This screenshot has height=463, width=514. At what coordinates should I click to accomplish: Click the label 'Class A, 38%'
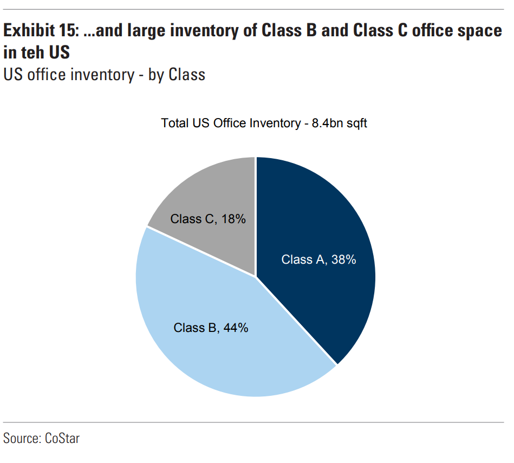click(x=318, y=260)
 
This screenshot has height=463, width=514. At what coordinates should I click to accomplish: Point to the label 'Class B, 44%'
click(x=211, y=328)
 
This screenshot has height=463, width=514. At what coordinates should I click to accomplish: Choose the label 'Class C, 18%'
click(x=208, y=219)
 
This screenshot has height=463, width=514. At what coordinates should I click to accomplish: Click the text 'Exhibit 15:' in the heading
click(x=40, y=31)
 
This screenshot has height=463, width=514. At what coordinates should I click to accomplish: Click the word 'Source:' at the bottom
click(x=21, y=438)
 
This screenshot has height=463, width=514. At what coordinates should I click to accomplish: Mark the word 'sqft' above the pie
click(x=356, y=123)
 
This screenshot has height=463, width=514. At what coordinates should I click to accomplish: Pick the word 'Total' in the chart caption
click(x=174, y=123)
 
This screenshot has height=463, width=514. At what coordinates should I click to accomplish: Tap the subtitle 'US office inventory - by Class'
click(x=105, y=74)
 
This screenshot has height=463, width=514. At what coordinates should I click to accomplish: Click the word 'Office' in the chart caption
click(x=229, y=123)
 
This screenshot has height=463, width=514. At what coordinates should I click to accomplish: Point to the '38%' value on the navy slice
click(x=344, y=260)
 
